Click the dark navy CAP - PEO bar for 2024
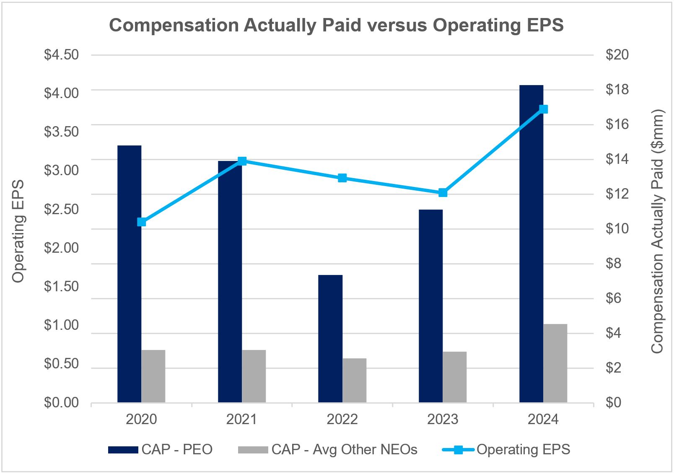531,243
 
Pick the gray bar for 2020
153,376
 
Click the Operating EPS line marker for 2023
443,193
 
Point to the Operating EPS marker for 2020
142,222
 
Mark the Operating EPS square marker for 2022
342,178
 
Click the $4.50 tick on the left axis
61,55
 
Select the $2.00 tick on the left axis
61,248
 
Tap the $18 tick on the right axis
617,90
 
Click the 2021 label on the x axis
242,420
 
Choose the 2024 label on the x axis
543,420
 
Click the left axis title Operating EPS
18,231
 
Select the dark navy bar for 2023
430,306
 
